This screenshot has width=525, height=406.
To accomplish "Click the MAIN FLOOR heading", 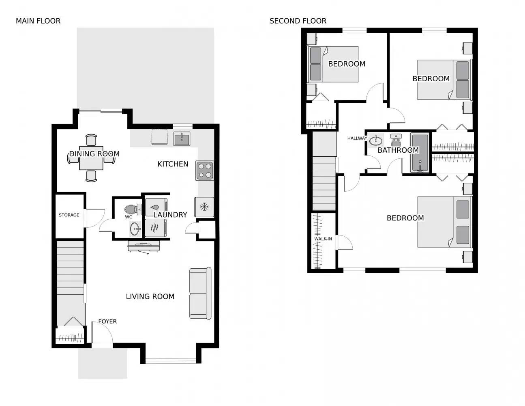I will click(38, 21).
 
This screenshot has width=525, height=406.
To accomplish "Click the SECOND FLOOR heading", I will click(298, 21).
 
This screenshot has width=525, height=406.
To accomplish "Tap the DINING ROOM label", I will click(94, 154).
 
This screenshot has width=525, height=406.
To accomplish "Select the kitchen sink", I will click(182, 139).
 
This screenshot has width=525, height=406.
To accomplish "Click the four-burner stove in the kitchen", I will click(205, 171).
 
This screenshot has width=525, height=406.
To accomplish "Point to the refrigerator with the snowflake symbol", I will click(204, 207).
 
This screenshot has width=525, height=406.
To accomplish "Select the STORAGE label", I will click(69, 215).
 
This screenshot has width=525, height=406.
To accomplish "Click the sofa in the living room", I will click(200, 293).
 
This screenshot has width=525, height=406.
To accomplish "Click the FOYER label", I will click(107, 322).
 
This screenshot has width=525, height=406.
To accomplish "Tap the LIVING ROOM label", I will click(150, 297).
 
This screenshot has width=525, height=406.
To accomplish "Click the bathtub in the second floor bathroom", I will click(420, 153).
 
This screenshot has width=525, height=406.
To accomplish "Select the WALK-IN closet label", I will click(323, 239).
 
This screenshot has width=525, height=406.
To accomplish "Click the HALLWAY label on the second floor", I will click(357, 138).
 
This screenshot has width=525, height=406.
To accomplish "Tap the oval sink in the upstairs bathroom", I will click(376, 140).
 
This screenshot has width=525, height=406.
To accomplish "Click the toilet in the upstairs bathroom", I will click(396, 140).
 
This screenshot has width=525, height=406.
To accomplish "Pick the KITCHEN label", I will click(173, 164).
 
